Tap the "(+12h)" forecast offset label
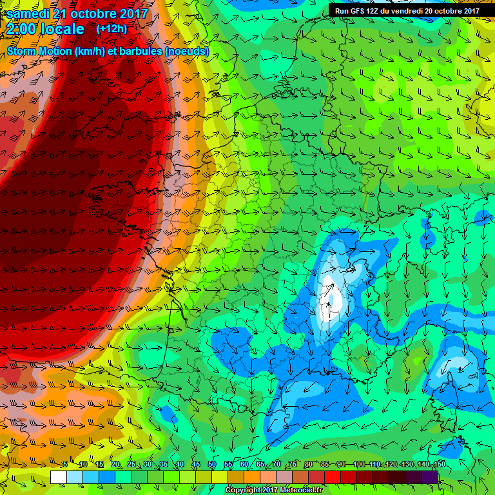click(112, 29)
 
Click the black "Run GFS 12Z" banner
click(406, 10)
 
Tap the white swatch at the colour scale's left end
click(58, 477)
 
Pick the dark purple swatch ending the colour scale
click(429, 477)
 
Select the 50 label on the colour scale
click(212, 465)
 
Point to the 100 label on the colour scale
click(358, 465)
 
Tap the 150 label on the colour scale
click(439, 465)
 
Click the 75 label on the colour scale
click(293, 465)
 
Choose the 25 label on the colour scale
click(131, 465)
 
